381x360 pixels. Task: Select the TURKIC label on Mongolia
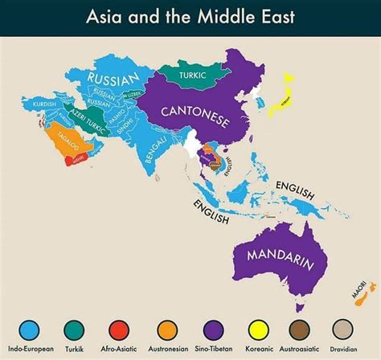click(x=180, y=76)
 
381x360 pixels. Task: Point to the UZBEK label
click(x=129, y=94)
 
